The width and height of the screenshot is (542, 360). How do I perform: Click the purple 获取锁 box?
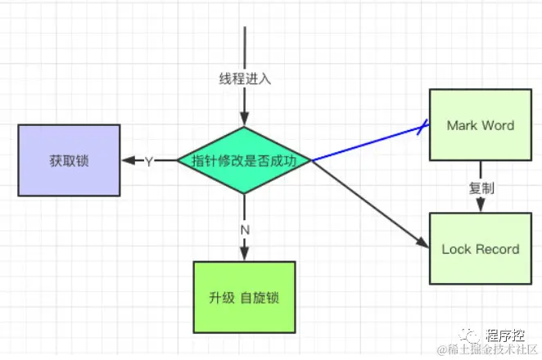coord(69,160)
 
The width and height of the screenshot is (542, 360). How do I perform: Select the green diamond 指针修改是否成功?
coord(244,160)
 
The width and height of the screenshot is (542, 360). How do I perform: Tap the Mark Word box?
coord(480,125)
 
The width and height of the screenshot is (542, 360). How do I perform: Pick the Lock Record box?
coord(480,249)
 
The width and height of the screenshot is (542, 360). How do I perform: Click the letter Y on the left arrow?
coord(149,161)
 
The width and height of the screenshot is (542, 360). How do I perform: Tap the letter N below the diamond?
coord(244,229)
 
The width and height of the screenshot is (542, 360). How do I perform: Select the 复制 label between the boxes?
coord(480,187)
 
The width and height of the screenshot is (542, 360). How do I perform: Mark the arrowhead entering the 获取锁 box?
coord(128,160)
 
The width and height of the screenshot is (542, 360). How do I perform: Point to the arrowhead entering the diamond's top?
coord(244,121)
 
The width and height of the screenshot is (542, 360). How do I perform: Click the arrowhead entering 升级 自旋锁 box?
coord(244,255)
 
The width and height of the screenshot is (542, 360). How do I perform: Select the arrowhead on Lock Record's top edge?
coord(480,208)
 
